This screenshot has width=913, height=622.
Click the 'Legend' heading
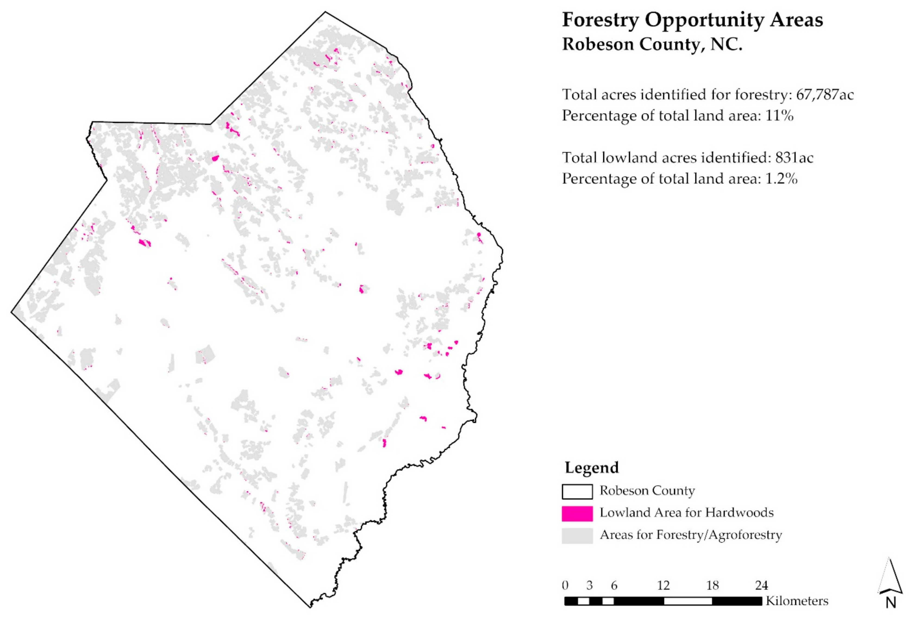click(x=592, y=468)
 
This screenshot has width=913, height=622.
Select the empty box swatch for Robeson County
click(x=577, y=491)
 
